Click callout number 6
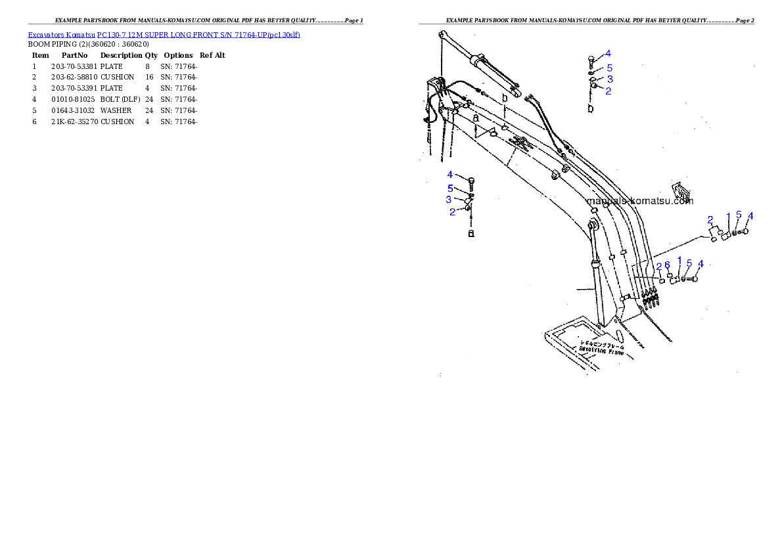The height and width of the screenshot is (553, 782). [x=667, y=265]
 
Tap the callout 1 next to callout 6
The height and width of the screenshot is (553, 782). [x=679, y=261]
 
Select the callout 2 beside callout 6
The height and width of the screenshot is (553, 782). [x=659, y=266]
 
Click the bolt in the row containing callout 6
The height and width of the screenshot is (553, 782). [x=693, y=279]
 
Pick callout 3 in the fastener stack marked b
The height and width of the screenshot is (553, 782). [x=610, y=79]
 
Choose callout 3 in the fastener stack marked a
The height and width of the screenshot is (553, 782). [x=449, y=200]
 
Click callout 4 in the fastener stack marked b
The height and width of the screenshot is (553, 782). [x=609, y=53]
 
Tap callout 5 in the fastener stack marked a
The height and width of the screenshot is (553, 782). [x=450, y=188]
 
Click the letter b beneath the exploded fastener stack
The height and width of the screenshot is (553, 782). [x=591, y=108]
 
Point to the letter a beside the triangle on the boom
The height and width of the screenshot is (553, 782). [x=476, y=117]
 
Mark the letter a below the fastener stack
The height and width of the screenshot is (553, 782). [x=471, y=233]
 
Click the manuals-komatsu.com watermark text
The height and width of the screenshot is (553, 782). [x=639, y=201]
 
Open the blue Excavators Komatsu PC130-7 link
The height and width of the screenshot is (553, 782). [x=164, y=34]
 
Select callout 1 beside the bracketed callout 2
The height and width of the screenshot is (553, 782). [x=727, y=216]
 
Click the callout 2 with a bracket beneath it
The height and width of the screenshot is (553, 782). [x=710, y=219]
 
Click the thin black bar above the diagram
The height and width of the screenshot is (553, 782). [x=586, y=24]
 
